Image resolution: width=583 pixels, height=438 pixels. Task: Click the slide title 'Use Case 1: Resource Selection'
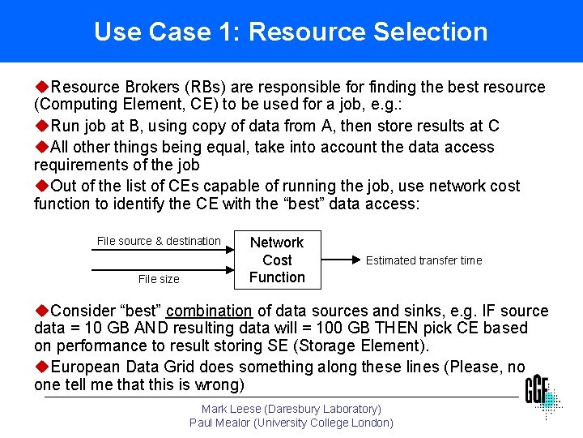click(291, 32)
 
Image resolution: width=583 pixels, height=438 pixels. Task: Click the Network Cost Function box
click(277, 260)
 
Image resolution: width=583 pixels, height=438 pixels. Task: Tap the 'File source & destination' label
click(159, 241)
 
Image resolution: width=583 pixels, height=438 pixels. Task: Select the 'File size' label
click(159, 279)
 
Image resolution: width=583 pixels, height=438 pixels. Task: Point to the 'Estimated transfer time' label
click(423, 260)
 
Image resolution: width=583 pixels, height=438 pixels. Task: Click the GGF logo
click(541, 395)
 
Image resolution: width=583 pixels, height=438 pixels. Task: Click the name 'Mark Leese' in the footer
click(232, 410)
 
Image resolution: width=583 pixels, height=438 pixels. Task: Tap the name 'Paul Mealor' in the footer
click(219, 423)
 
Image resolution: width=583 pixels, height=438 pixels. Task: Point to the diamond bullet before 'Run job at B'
click(41, 126)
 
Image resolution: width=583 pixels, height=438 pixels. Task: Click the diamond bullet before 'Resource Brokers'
click(41, 87)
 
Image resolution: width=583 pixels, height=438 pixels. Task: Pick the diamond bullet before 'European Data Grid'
click(41, 367)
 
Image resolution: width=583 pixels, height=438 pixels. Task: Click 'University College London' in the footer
click(324, 423)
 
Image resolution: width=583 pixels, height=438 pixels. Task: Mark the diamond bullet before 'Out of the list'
click(41, 186)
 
